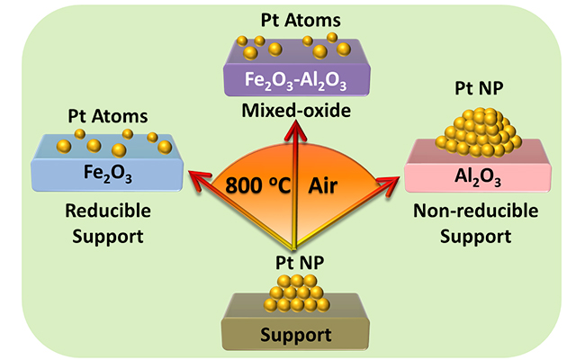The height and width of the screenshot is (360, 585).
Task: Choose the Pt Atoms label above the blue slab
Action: [x=111, y=115]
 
